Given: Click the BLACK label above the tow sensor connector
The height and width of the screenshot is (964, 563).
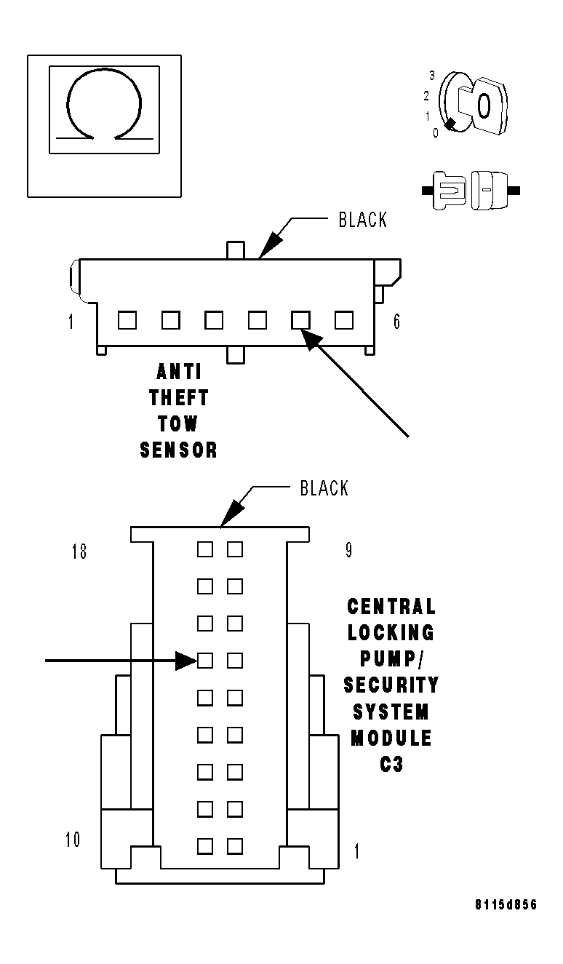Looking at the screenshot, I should tap(363, 220).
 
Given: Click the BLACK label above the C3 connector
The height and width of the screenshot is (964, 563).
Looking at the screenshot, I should tap(324, 488).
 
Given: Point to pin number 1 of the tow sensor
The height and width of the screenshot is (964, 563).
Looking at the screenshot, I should tap(71, 322).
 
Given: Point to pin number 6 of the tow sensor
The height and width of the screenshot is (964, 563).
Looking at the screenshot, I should tap(396, 322).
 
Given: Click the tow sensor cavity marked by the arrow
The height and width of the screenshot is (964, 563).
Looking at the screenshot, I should tap(300, 319).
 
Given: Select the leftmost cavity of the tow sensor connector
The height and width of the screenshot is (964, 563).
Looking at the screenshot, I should tap(127, 319).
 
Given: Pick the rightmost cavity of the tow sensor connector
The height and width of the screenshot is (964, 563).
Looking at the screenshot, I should tap(344, 319).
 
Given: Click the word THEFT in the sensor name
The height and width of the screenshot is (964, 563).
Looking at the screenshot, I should tap(179, 398).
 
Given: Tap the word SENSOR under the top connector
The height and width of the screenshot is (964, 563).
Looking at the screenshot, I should tap(179, 450).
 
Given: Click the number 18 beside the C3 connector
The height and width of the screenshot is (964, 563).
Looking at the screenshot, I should tap(79, 551).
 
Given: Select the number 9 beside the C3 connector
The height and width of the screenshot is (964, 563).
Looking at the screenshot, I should tap(348, 550).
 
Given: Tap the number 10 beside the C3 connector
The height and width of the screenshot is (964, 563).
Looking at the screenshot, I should tap(73, 840).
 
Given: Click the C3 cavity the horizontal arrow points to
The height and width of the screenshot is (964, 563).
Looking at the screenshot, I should tap(205, 661).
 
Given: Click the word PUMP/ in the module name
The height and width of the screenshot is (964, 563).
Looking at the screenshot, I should tap(391, 658).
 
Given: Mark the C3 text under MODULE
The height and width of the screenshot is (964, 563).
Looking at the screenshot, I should tap(391, 765).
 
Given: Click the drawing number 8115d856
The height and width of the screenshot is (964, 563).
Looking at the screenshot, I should tap(506, 905).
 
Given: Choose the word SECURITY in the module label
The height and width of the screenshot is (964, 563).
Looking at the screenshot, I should tap(391, 685).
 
